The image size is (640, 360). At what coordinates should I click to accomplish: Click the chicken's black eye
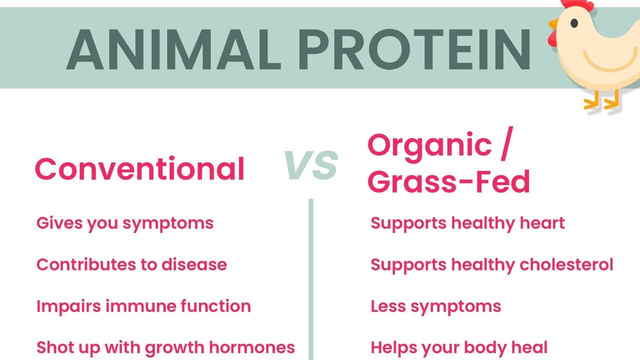[574, 23]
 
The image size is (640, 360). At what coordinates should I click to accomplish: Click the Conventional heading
[139, 169]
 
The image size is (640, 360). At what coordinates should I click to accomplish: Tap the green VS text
[311, 165]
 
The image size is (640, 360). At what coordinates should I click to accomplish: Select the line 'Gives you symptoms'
[124, 223]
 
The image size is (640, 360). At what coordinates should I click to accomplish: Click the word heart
[542, 223]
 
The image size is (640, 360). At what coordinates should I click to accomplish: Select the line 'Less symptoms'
[435, 306]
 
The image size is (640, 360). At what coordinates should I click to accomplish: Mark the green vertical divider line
[311, 280]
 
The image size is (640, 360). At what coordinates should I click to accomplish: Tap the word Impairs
[67, 306]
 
